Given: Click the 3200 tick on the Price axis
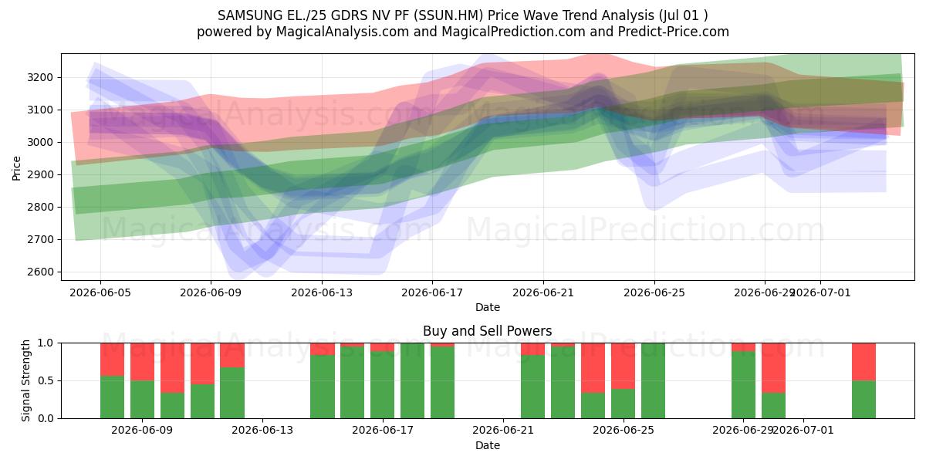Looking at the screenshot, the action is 40,78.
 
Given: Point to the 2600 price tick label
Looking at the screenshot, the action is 40,272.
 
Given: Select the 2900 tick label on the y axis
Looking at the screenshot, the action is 40,175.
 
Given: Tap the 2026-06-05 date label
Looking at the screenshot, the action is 100,292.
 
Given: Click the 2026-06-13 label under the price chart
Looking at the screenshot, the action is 322,292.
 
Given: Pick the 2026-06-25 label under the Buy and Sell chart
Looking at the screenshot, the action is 624,430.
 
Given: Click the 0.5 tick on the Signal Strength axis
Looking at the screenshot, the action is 46,380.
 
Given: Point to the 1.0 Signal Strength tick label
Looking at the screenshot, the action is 46,343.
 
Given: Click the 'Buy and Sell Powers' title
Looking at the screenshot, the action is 488,331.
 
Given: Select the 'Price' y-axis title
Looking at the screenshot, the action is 16,168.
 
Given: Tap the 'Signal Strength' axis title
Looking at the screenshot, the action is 25,380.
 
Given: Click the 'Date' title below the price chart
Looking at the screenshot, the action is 488,307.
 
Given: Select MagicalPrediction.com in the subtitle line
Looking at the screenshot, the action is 513,32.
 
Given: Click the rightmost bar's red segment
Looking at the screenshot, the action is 863,362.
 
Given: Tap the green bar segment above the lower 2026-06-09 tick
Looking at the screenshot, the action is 142,400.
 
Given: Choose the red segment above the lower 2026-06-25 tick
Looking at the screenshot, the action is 623,366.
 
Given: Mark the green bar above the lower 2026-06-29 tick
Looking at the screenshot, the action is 743,384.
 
